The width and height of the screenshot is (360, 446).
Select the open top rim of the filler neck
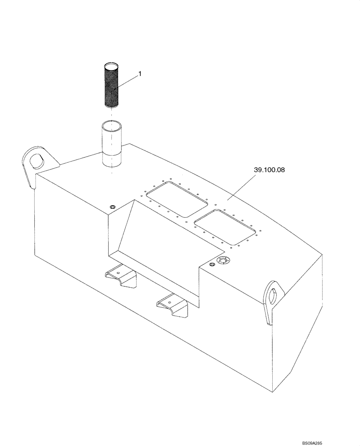110,124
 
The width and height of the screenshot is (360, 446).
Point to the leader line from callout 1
127,83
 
